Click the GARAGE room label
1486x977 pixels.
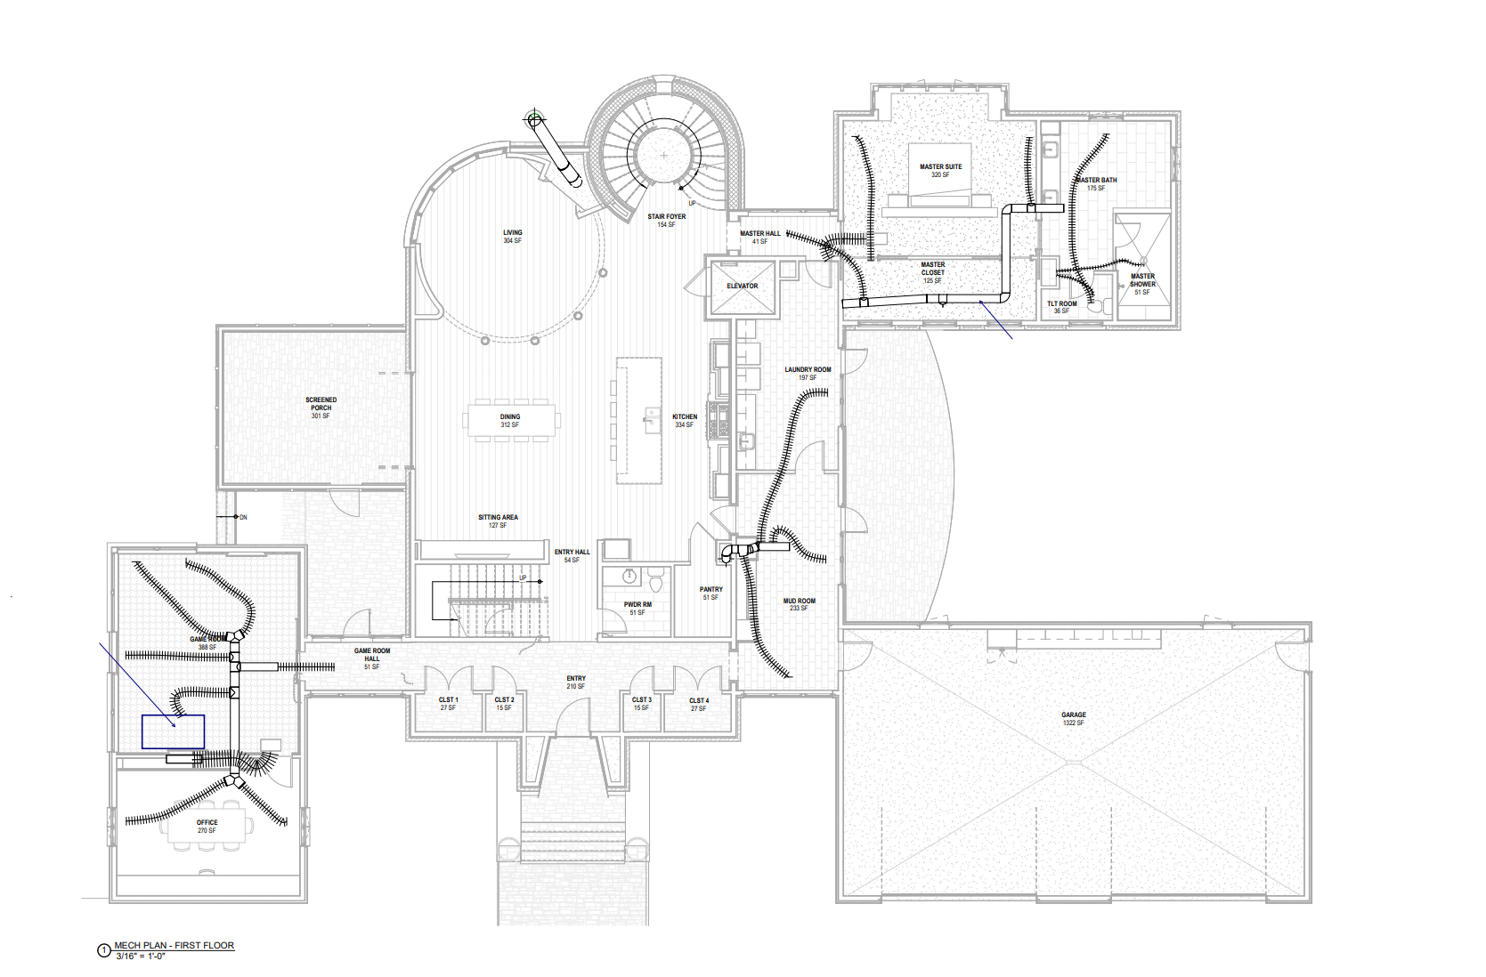1073,715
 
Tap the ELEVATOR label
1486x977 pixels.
742,287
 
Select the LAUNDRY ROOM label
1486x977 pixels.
808,370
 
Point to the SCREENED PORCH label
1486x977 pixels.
321,405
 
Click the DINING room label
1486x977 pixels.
509,417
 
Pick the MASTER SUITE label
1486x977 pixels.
940,167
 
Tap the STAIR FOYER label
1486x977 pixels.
666,217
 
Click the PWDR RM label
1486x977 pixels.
637,605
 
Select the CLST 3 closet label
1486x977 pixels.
641,700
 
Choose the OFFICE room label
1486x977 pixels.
207,823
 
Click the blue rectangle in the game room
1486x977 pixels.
174,731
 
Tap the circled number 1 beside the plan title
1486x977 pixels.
103,950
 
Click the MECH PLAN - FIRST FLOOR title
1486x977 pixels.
175,946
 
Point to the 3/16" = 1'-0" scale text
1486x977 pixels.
141,957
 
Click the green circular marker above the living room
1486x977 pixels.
534,118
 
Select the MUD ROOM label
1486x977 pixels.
799,602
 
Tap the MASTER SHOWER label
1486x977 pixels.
1142,280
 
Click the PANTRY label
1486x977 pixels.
711,590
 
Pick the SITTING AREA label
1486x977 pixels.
498,518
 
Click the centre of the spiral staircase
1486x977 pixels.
664,155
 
